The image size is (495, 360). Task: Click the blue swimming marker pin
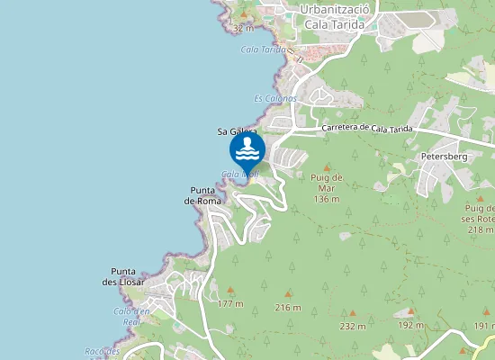pos(247,148)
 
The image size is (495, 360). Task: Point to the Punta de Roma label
pos(202,195)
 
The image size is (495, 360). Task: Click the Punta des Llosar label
pos(124,276)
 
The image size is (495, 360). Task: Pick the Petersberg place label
pos(444,157)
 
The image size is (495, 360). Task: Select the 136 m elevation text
pos(326,199)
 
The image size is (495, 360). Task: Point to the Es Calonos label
pos(274,98)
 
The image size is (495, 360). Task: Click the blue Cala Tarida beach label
pos(263,49)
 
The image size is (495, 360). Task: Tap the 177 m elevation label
pos(230,304)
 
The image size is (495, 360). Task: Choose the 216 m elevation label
pos(288,308)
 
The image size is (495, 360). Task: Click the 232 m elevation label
pos(353,326)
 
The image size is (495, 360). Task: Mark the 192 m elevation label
pos(410,325)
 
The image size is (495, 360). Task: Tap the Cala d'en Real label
pos(127,316)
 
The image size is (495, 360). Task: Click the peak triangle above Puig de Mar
pos(326,168)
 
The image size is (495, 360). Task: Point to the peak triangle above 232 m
pos(353,314)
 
